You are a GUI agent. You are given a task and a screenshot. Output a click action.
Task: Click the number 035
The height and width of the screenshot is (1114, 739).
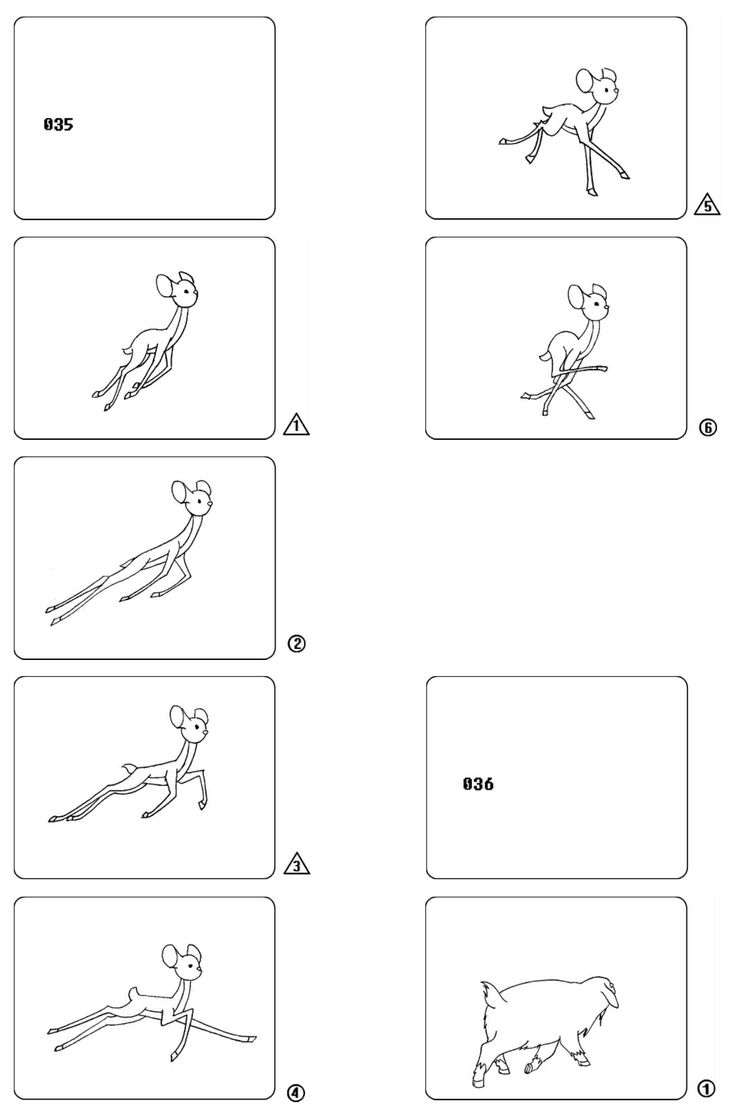58,124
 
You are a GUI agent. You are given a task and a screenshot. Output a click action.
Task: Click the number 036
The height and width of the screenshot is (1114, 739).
478,784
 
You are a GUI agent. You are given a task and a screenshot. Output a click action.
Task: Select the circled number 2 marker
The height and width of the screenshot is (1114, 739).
297,643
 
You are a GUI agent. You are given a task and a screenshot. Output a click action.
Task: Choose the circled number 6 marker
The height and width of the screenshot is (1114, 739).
708,427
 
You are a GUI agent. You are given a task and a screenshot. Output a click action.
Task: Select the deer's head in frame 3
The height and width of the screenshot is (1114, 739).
189,724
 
